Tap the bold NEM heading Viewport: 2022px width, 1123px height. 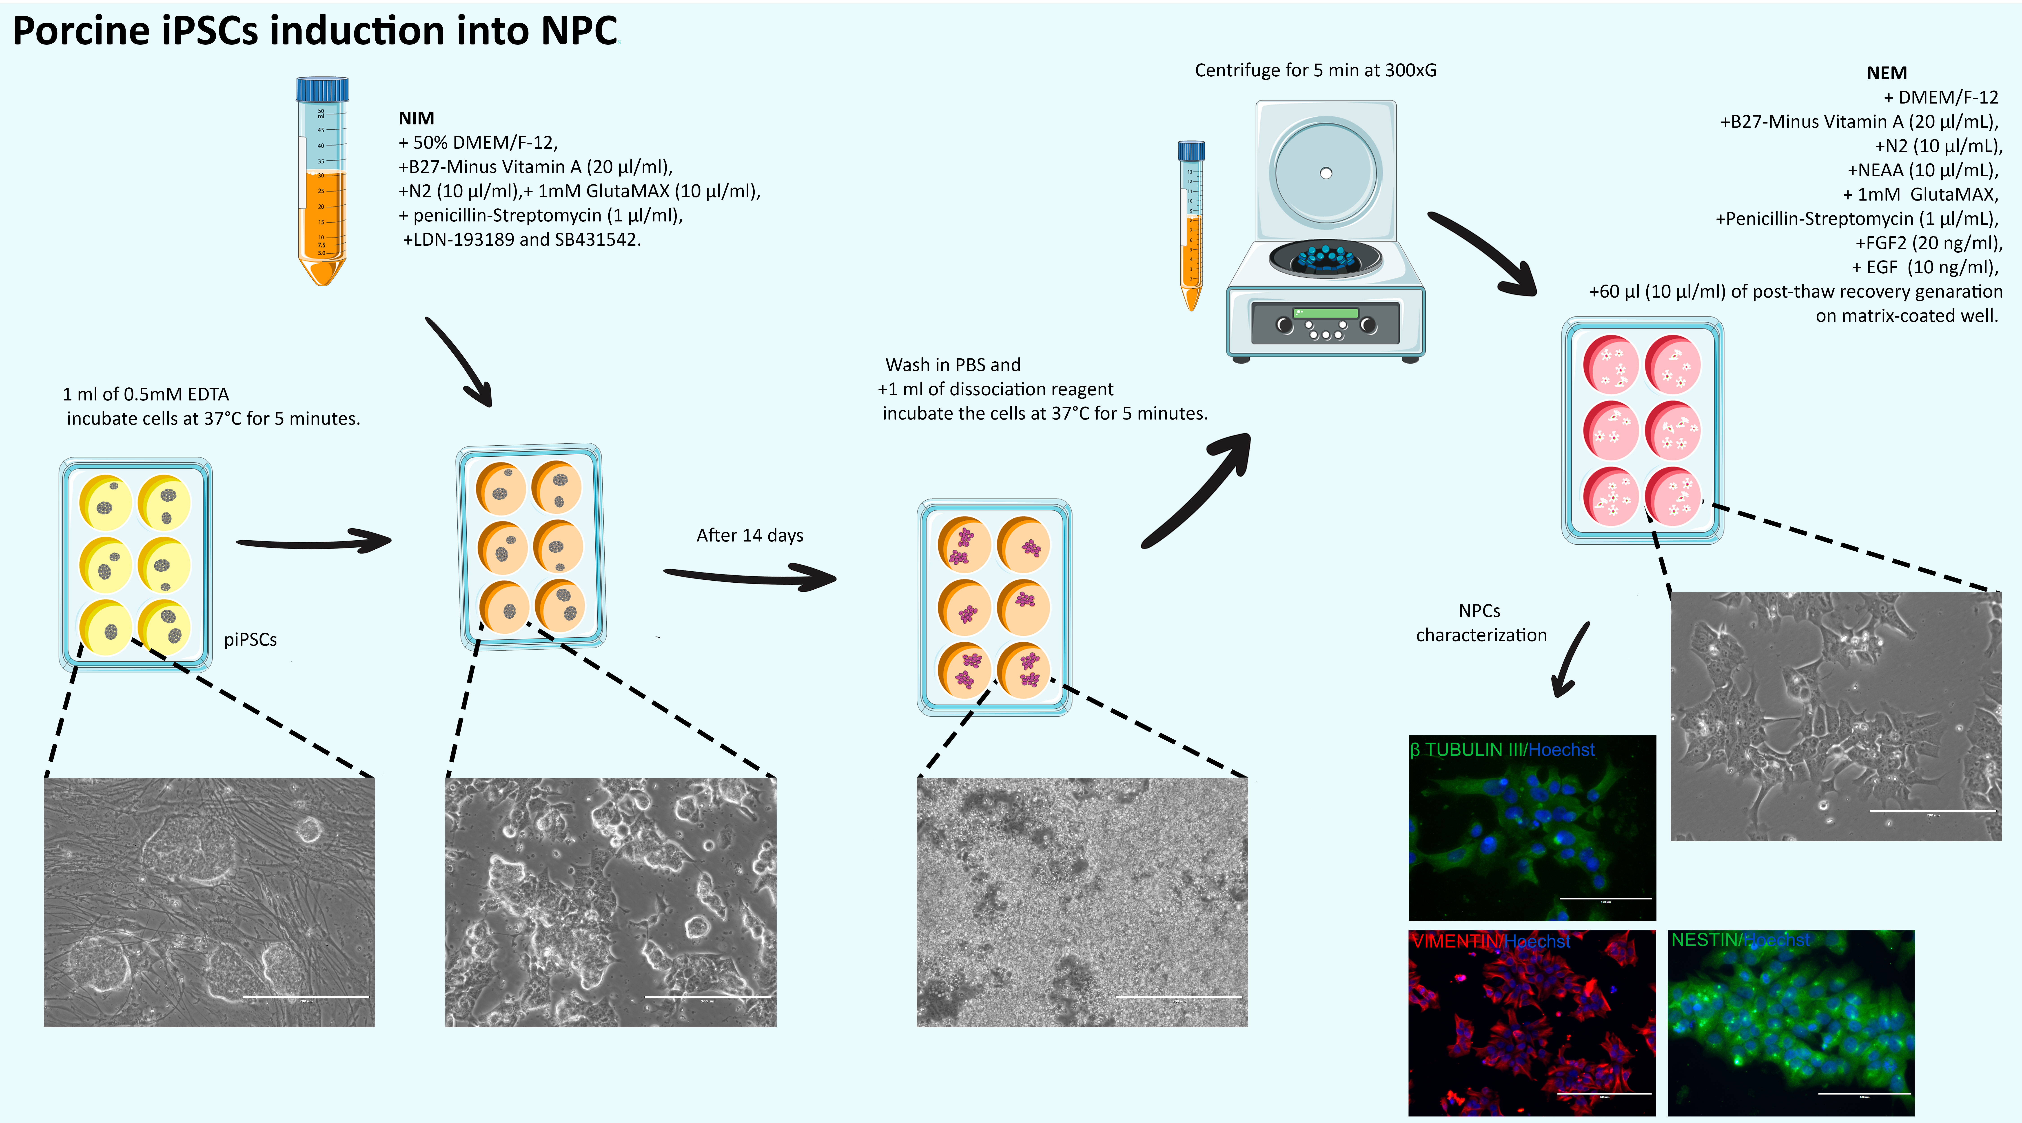[1886, 73]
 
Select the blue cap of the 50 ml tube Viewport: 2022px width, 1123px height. [322, 89]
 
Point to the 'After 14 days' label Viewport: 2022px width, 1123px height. [750, 535]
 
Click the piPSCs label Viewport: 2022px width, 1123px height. [251, 640]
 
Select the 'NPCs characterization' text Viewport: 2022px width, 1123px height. [1480, 623]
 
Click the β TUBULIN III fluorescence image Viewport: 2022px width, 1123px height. [1531, 828]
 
